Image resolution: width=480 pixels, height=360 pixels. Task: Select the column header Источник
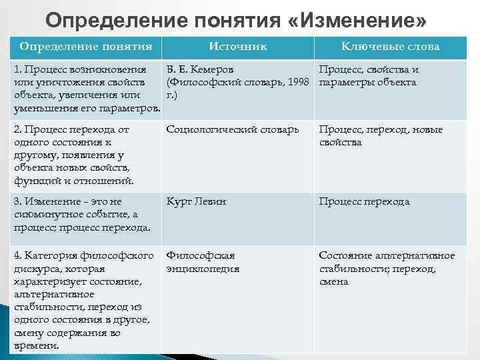(238, 46)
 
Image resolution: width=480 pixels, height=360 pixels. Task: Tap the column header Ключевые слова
(390, 46)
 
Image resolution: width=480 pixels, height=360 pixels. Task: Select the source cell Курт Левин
(197, 201)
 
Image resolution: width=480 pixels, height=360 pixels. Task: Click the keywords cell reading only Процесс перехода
(364, 201)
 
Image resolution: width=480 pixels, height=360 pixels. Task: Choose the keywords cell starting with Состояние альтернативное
(387, 268)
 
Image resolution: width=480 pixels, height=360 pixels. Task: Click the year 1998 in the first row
(299, 82)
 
